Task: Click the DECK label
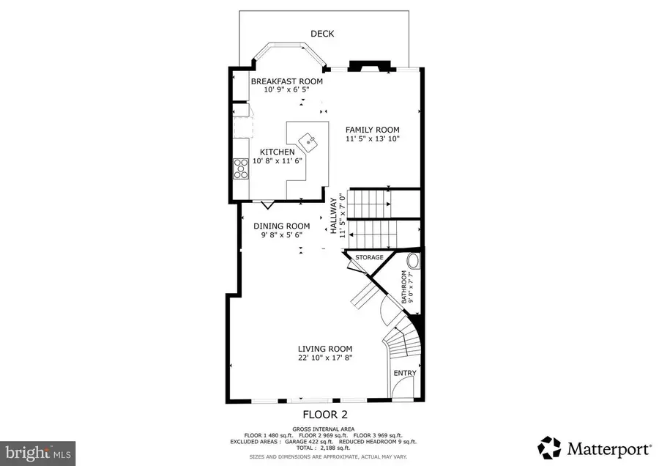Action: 323,33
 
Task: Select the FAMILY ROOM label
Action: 373,129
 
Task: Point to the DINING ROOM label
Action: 282,226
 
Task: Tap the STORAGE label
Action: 370,257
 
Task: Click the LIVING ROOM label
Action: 325,349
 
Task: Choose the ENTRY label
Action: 405,373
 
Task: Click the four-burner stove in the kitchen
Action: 241,169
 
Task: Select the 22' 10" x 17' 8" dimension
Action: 325,358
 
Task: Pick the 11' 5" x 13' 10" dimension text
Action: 373,138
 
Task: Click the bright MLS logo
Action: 37,453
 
